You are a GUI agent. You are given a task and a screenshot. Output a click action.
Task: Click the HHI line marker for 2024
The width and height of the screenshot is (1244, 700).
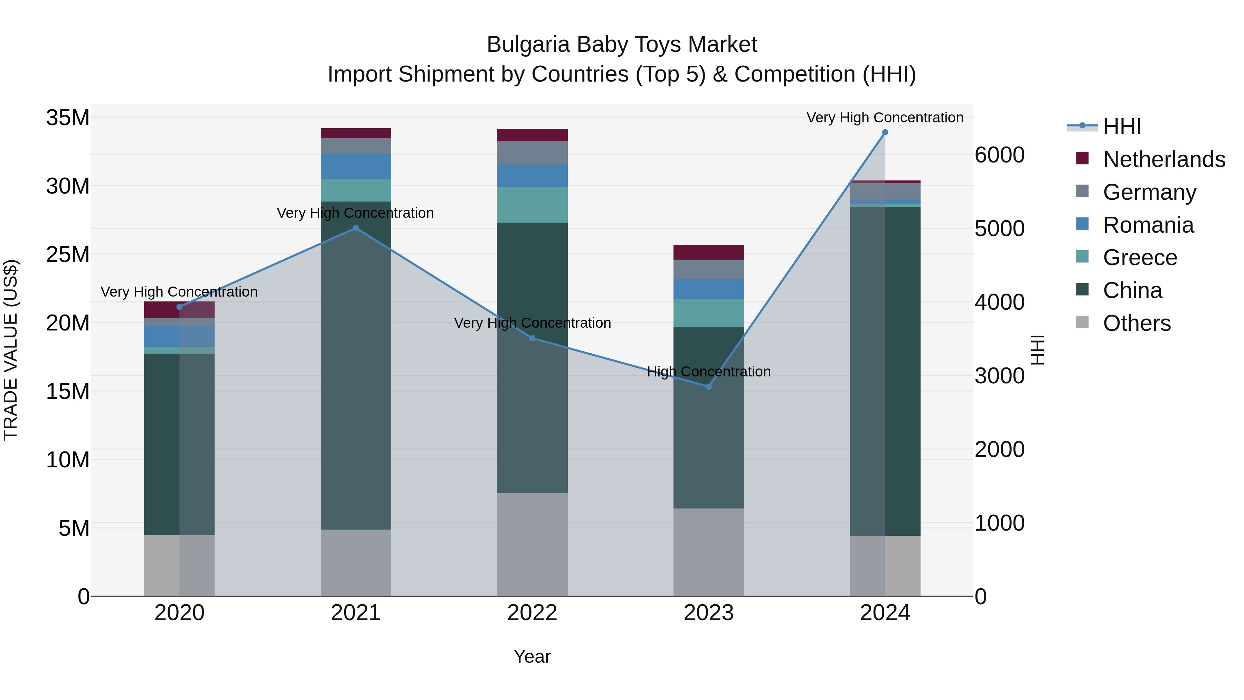(885, 132)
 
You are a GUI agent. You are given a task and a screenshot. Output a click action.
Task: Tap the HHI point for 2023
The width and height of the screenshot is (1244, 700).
(708, 386)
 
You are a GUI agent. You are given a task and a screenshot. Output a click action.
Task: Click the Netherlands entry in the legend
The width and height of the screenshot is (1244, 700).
(1164, 159)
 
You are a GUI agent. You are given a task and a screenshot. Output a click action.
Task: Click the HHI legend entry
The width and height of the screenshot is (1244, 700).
(1122, 127)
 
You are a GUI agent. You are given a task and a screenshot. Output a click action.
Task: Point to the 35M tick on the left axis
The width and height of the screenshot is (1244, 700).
(68, 118)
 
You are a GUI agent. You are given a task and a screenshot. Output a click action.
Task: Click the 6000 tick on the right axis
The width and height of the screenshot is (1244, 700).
(999, 155)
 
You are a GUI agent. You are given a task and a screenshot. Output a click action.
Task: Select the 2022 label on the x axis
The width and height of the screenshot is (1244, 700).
(532, 613)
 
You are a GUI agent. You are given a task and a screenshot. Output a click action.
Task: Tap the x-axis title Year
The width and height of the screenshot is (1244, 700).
(532, 656)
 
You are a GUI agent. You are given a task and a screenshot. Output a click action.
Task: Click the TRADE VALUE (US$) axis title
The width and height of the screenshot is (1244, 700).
(11, 350)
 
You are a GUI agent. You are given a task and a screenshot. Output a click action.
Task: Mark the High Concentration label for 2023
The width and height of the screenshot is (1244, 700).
(708, 372)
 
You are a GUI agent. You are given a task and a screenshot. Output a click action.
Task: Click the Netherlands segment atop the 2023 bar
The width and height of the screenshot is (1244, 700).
(708, 252)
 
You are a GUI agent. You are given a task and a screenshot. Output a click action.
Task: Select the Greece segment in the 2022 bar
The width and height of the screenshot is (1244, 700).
(532, 205)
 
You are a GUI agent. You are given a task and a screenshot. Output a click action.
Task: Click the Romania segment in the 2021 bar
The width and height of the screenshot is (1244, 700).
(356, 167)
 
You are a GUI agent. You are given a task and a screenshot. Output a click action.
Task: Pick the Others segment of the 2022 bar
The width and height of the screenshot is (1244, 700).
(532, 544)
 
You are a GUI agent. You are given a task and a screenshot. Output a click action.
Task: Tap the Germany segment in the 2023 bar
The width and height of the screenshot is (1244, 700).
(708, 269)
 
